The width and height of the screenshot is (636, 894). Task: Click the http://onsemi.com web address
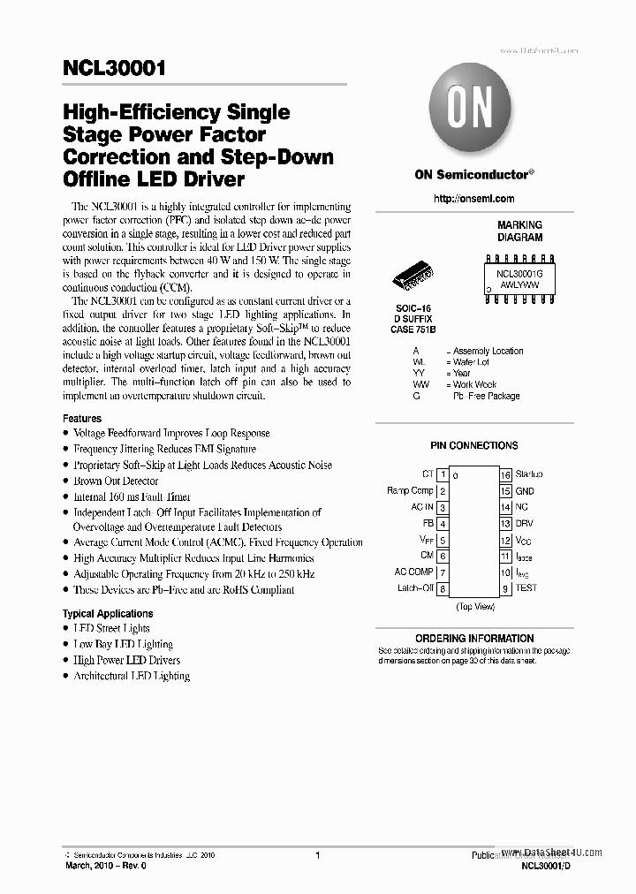pos(474,199)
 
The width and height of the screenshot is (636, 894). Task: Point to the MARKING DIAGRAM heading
pos(519,231)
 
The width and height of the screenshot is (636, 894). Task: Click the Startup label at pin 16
pos(529,474)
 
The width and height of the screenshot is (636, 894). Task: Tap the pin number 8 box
pos(442,588)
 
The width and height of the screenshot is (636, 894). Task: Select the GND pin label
pos(525,491)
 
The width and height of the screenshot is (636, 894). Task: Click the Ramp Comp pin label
pos(410,490)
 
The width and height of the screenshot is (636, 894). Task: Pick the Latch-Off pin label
pos(414,587)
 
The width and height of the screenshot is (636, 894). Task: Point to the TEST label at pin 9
pos(526,587)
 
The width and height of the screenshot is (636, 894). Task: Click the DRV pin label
pos(525,523)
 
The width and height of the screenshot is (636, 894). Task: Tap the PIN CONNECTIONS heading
pos(474,446)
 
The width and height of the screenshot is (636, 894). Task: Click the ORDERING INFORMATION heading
pos(474,638)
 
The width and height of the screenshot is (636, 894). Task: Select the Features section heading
pos(82,418)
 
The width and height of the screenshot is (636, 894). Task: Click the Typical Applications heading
pos(108,613)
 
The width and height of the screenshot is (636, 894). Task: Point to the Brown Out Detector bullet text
pos(116,481)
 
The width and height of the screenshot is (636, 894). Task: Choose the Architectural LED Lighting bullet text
pos(132,676)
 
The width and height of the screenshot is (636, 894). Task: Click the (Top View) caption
pos(474,607)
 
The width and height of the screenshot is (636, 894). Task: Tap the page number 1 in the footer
pos(317,855)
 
